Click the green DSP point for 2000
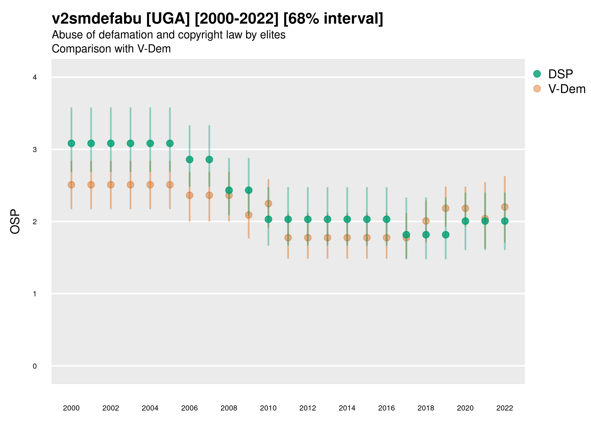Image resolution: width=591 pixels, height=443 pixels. [71, 143]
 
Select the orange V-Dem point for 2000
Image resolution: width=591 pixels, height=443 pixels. [71, 185]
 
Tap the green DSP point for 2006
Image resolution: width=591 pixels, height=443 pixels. [190, 159]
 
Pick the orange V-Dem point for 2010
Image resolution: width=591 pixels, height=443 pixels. [268, 204]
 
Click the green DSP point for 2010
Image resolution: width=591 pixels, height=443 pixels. [268, 219]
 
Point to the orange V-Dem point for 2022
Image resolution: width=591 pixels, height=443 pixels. [505, 207]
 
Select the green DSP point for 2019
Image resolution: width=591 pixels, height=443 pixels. [446, 235]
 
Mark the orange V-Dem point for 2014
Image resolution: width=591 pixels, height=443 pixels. [347, 238]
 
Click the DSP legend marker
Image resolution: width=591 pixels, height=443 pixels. [537, 74]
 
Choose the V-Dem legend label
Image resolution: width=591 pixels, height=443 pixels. [567, 89]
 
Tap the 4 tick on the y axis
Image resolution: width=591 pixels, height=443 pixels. [35, 78]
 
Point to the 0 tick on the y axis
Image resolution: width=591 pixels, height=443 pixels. [35, 366]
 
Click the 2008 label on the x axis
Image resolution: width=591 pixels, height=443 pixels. [229, 408]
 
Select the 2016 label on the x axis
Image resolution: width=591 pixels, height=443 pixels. [386, 408]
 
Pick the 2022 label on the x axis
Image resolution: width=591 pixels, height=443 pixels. [505, 408]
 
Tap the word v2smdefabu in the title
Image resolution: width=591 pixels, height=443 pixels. [97, 19]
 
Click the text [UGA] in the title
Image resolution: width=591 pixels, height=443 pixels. [168, 19]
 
